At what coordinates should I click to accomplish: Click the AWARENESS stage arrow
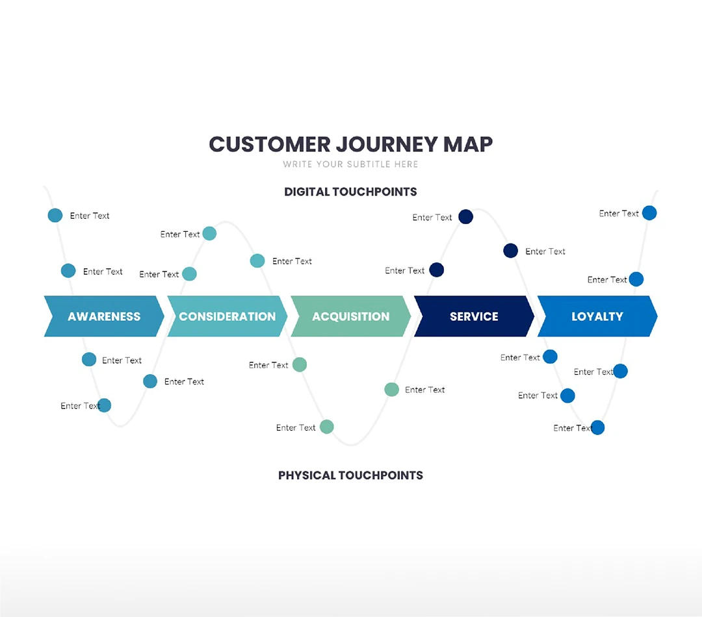(104, 316)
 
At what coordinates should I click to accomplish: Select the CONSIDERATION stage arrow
(227, 316)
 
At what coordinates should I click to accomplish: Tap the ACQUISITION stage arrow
(351, 316)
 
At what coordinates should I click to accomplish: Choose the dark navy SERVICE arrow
(474, 316)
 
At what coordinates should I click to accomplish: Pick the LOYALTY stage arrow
(597, 316)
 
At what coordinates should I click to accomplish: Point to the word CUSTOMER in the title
(269, 144)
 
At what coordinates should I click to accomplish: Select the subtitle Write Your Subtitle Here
(350, 164)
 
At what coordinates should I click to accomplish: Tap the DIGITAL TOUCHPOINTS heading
(350, 192)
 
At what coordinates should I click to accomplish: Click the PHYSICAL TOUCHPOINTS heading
(350, 475)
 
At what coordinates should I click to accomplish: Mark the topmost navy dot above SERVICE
(465, 217)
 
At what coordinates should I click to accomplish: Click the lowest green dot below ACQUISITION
(327, 427)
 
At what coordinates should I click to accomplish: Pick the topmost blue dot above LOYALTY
(649, 213)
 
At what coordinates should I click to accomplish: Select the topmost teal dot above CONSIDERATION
(209, 233)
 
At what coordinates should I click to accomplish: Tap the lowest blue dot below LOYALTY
(597, 427)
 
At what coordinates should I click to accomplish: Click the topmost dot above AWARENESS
(55, 216)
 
